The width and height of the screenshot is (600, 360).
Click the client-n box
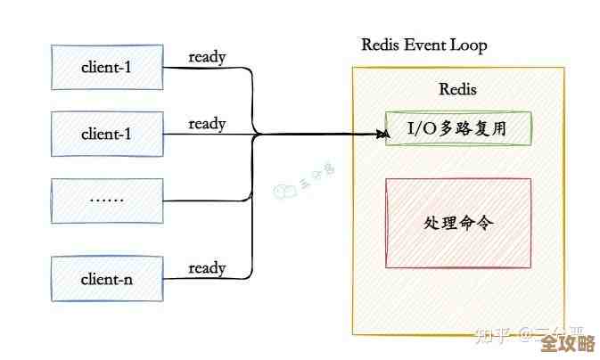click(x=106, y=278)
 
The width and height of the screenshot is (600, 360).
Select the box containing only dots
click(x=106, y=200)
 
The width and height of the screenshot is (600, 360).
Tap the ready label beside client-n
click(x=207, y=267)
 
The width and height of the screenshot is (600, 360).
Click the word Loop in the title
click(x=468, y=45)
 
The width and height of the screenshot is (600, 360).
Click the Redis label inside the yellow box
click(x=458, y=89)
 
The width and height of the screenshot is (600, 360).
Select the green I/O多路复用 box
click(x=458, y=129)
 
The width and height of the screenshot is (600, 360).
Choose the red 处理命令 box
click(x=458, y=223)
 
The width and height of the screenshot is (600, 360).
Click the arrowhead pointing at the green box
click(x=383, y=135)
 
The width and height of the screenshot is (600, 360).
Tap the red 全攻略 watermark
click(x=568, y=343)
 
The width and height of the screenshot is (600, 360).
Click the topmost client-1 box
click(x=106, y=66)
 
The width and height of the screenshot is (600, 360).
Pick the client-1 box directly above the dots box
click(x=106, y=134)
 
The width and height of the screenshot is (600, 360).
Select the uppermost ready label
click(x=207, y=57)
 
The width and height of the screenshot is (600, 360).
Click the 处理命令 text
click(x=458, y=223)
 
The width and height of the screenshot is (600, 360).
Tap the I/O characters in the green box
click(x=423, y=129)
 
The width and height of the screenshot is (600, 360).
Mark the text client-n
click(x=106, y=278)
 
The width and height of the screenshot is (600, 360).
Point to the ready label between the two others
click(x=207, y=123)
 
